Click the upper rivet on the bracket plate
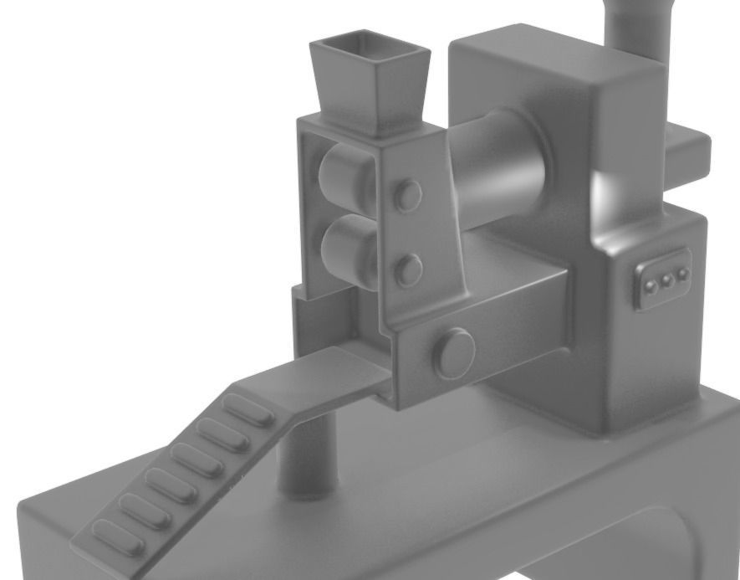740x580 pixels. [409, 195]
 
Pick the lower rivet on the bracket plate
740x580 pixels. [409, 269]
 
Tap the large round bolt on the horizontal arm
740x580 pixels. [454, 352]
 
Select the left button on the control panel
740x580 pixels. [651, 285]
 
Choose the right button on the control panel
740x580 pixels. [683, 274]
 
